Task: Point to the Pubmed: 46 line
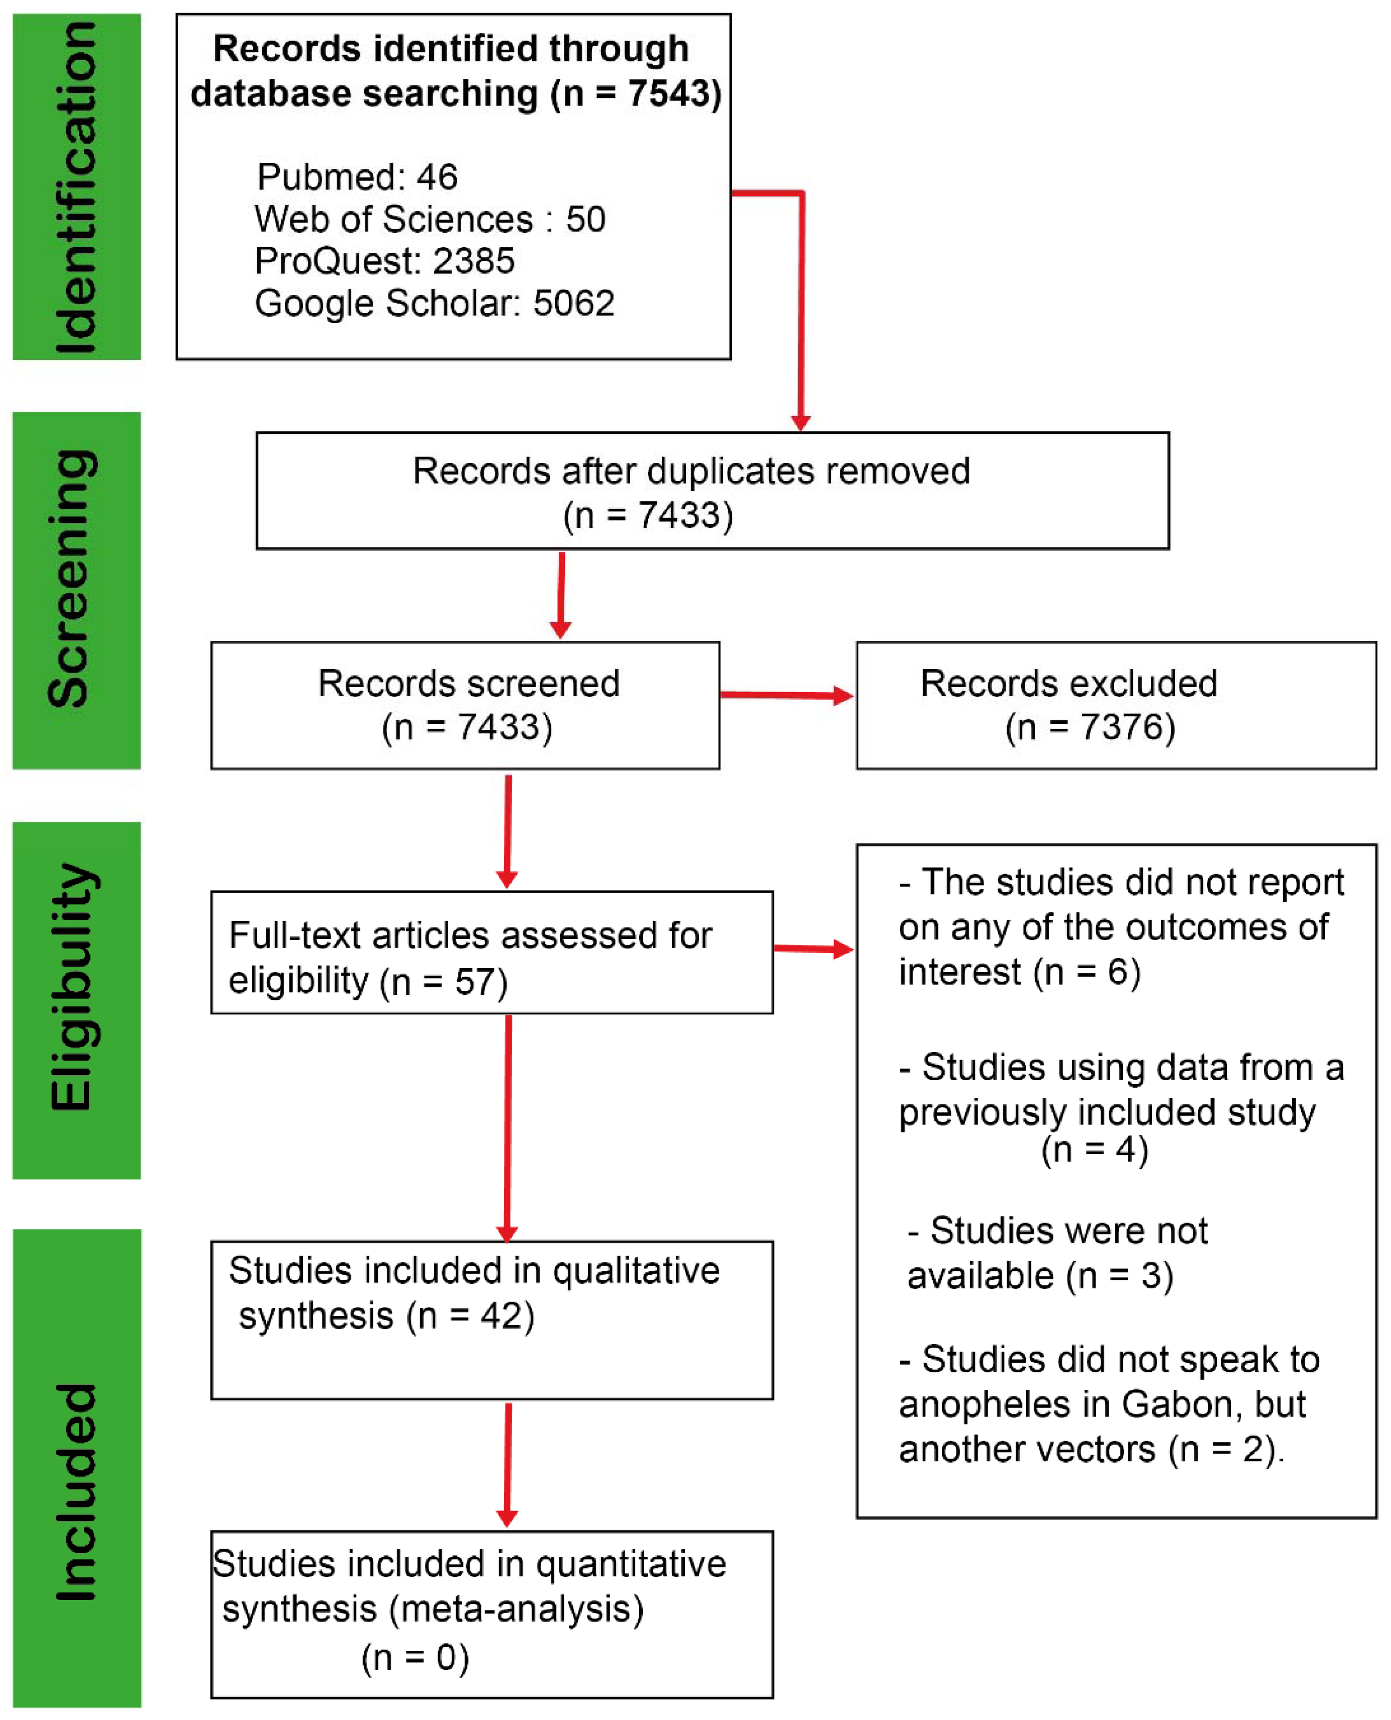[x=357, y=177]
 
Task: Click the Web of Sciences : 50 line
[x=430, y=220]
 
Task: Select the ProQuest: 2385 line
[x=385, y=261]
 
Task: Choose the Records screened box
[x=465, y=706]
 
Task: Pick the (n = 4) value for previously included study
[x=1094, y=1150]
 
